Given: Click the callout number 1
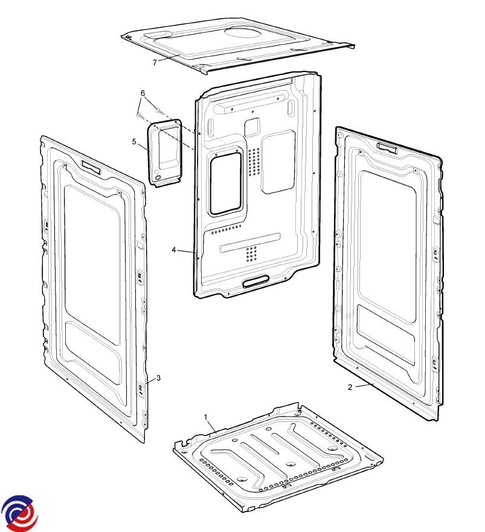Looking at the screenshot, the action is click(205, 417).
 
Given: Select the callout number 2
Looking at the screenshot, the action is click(350, 387).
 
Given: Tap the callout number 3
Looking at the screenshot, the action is click(158, 378).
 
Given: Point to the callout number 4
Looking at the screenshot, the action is click(174, 250).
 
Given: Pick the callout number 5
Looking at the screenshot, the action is click(134, 141).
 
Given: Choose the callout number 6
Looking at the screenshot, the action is click(143, 93).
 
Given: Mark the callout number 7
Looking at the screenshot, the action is click(155, 63).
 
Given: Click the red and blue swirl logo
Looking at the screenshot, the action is click(19, 513).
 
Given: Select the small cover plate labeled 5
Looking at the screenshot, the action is click(164, 153).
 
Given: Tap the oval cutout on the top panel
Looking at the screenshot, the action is click(243, 33).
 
